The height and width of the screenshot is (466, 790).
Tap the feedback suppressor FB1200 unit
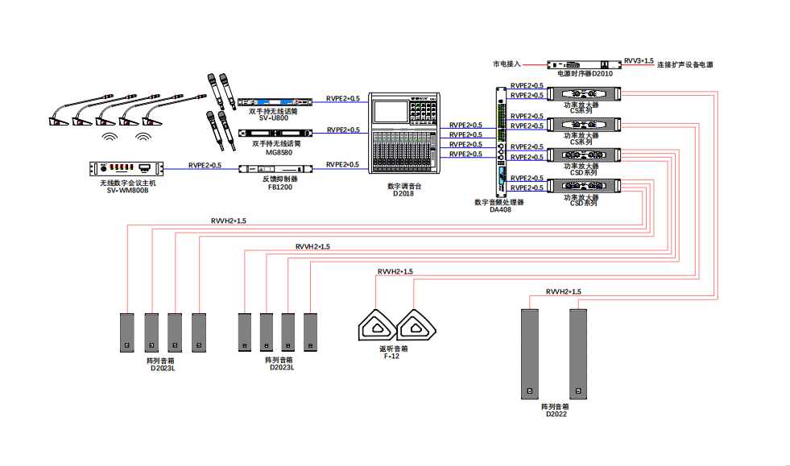coord(275,169)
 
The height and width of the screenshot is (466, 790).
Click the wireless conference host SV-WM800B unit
coord(126,168)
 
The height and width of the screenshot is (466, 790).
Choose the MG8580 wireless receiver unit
coord(275,133)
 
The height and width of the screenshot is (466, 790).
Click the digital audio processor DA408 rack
coord(501,142)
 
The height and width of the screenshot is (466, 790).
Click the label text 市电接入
coord(507,63)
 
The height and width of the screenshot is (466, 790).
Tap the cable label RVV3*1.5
coord(639,60)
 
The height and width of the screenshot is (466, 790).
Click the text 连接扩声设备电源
coord(685,64)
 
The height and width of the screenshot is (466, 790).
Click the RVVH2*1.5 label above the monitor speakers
coord(395,272)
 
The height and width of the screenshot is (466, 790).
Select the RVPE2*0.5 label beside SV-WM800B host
coord(205,165)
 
